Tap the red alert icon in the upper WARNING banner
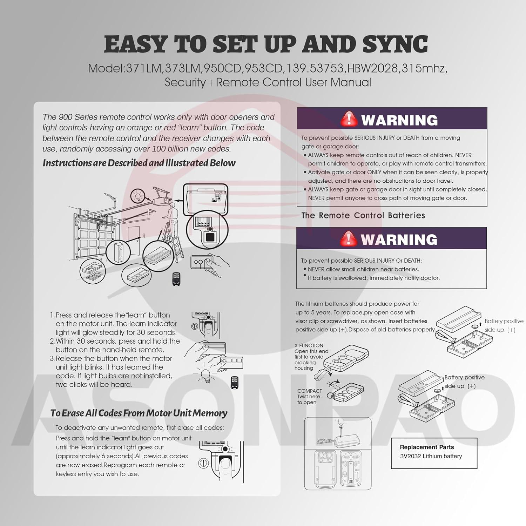click(x=349, y=119)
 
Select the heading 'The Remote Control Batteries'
click(x=363, y=215)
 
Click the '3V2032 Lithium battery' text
click(x=431, y=456)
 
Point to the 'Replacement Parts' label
click(x=427, y=447)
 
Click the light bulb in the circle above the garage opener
click(x=137, y=196)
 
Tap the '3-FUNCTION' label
click(x=309, y=345)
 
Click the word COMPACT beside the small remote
click(x=309, y=391)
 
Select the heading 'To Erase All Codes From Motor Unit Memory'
click(x=139, y=413)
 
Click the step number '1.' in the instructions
click(x=53, y=315)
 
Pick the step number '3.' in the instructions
click(x=53, y=359)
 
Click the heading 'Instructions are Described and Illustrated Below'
click(x=139, y=163)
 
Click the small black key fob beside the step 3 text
click(x=235, y=383)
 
